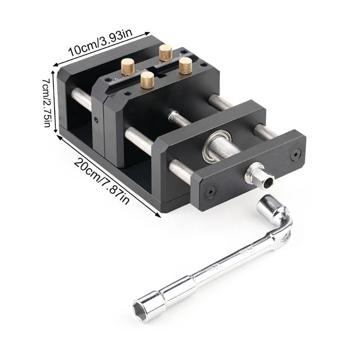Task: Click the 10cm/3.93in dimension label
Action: (x=100, y=42)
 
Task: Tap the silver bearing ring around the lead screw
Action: (x=217, y=147)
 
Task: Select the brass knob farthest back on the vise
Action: (x=166, y=53)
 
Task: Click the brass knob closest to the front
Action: (x=147, y=80)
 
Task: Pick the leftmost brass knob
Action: (x=128, y=67)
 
